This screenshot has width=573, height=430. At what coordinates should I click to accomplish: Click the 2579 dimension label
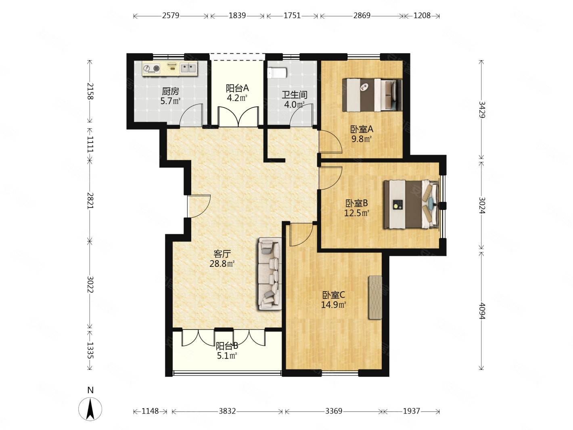coord(170,16)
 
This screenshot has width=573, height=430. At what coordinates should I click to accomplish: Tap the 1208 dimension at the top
coord(422,16)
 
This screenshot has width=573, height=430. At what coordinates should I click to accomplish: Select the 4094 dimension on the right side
coord(482,310)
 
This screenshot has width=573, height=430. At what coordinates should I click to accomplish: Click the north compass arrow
coord(90,409)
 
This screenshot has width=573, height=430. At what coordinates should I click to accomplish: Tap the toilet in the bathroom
coord(277,73)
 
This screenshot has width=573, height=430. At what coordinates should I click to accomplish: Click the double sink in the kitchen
coord(188,68)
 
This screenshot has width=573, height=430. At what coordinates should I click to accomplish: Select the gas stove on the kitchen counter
coord(151,68)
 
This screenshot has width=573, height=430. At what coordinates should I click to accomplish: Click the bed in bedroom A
coord(372,95)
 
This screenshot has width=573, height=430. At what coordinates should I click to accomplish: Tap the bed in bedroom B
coord(412,204)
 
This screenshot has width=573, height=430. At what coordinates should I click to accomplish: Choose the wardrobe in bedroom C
coord(375,297)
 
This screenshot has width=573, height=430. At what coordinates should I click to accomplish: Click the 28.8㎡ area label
coord(222,264)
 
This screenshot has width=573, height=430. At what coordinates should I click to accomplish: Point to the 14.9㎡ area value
coord(333,305)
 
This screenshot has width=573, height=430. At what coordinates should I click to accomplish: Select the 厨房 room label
coord(170,91)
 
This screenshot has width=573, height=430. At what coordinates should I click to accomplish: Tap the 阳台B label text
coord(227,346)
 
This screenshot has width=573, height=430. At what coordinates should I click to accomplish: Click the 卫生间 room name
coord(294,95)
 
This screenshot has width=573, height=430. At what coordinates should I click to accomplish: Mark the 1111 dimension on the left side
coord(90,144)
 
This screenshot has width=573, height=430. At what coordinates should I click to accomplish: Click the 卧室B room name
coord(356,203)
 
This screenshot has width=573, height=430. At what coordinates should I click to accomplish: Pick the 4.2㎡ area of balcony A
coord(237,98)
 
